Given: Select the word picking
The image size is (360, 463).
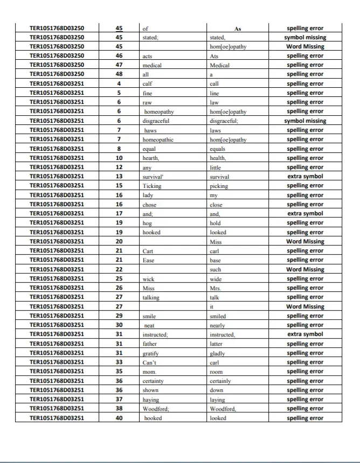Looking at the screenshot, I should click(219, 186).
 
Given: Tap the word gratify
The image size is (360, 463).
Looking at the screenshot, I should click(151, 353).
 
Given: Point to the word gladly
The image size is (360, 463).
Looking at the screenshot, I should click(218, 354).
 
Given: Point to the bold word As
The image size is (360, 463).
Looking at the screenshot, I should click(238, 28).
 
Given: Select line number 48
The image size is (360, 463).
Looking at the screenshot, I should click(119, 74).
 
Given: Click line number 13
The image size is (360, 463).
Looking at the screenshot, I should click(119, 177).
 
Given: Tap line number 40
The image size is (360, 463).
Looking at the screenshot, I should click(119, 418).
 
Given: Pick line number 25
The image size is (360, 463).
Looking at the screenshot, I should click(119, 279).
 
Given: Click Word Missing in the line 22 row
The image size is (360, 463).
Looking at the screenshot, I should click(305, 269).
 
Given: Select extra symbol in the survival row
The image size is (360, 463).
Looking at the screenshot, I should click(305, 177).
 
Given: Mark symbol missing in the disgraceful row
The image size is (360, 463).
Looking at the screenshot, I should click(305, 121).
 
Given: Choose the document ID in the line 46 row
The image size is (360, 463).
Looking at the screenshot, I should click(57, 55).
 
